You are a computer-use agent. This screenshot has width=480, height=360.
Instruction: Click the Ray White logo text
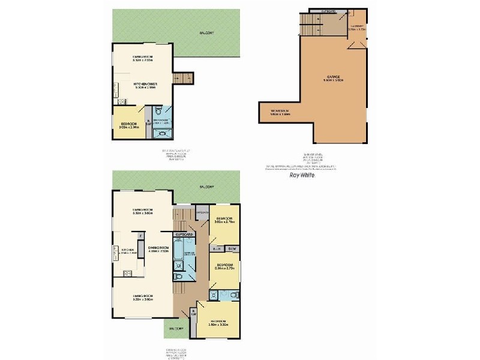tap(303, 175)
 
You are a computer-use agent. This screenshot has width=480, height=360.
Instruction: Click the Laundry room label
tap(358, 27)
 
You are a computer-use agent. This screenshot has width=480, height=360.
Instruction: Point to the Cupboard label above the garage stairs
tap(328, 11)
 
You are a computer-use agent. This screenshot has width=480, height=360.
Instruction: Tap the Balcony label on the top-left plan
tap(206, 33)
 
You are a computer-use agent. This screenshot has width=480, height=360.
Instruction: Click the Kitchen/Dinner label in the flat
tap(144, 85)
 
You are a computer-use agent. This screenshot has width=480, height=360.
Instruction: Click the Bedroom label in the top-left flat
tap(130, 125)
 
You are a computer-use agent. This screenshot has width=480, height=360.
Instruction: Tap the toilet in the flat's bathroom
tap(157, 111)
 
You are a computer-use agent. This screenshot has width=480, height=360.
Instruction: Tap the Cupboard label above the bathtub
tap(184, 233)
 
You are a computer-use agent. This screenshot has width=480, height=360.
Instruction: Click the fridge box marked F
tap(140, 236)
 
